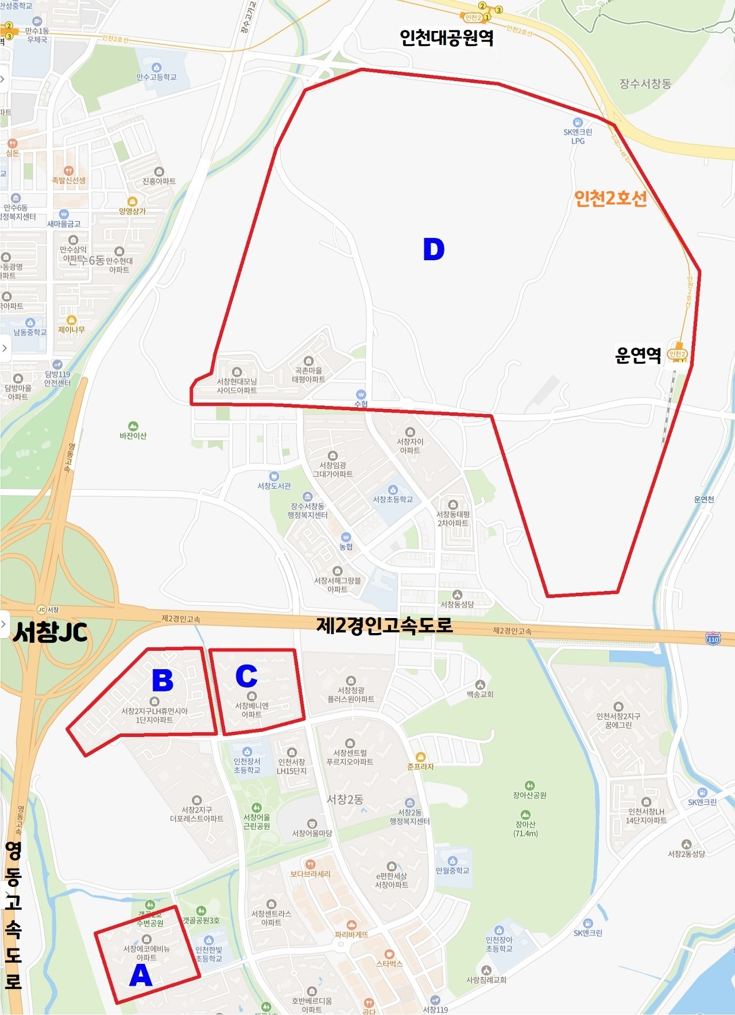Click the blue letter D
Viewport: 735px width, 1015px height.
coord(434,249)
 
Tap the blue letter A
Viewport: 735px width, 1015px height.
coord(141,975)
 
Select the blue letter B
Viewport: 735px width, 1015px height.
coord(163,681)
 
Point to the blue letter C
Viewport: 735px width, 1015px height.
coord(246,676)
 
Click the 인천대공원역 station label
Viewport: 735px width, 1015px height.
coord(446,38)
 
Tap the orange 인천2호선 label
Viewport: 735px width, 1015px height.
coord(610,198)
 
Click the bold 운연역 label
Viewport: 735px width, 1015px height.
coord(638,355)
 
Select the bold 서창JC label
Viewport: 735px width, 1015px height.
coord(51,632)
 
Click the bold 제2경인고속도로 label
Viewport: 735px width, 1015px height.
coord(384,625)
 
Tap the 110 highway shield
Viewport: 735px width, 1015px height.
coord(713,639)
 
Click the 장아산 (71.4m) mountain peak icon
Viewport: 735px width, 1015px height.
coord(525,815)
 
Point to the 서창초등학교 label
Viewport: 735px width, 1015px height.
coord(393,499)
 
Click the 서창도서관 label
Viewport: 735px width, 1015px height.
coord(274,486)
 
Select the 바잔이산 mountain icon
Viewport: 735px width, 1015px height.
coord(133,426)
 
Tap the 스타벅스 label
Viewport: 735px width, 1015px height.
coord(389,963)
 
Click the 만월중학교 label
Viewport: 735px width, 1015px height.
coord(452,870)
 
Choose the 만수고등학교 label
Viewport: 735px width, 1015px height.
coord(156,77)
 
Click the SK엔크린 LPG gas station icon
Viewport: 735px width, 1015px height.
coord(578,122)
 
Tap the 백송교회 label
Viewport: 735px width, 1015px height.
coord(480,694)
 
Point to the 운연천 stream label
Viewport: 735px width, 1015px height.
coord(704,499)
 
